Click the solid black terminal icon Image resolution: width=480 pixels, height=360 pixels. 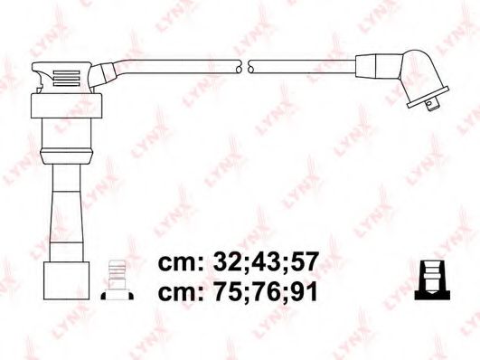430,279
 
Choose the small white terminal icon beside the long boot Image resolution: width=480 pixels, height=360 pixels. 115,279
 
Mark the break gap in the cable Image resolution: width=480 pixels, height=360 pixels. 245,68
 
